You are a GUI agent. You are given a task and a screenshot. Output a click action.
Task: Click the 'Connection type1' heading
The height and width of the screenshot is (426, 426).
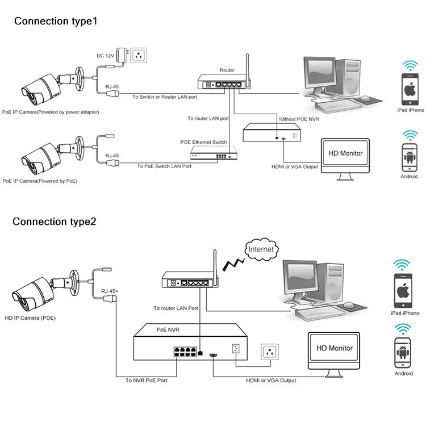click(56, 22)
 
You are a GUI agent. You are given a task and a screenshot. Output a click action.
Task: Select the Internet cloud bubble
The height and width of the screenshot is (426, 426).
click(261, 249)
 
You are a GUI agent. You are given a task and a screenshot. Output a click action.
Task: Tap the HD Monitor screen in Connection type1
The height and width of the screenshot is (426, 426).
click(343, 154)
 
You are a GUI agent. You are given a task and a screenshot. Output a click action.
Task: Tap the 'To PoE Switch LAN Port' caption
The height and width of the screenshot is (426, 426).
click(165, 166)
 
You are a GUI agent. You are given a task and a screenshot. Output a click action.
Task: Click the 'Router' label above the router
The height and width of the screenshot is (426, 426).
click(227, 70)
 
